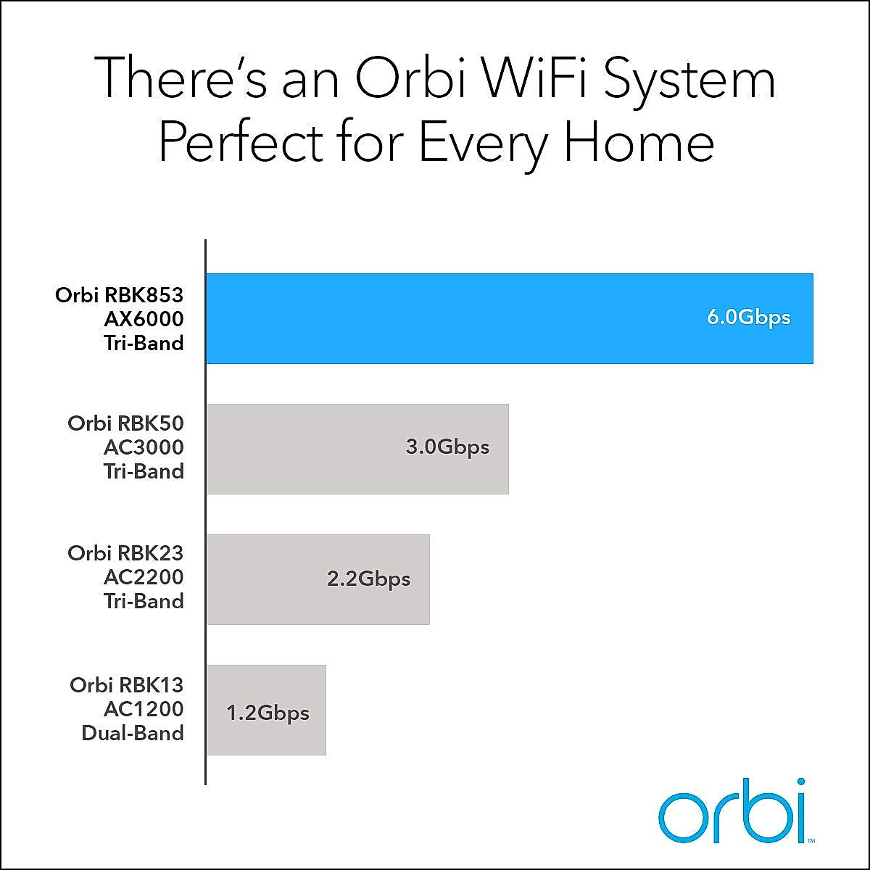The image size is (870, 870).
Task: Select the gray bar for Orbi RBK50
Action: (304, 449)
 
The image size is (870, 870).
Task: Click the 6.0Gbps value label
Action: (748, 318)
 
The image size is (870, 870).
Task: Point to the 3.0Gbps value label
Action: (447, 447)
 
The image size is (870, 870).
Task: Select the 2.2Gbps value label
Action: (368, 579)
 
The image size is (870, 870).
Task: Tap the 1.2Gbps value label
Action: (268, 713)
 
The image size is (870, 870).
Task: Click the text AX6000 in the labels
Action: (144, 319)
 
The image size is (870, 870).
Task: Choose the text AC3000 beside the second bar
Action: (144, 447)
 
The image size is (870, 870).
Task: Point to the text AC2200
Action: (144, 577)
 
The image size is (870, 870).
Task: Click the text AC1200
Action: (144, 709)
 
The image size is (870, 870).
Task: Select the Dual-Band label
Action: (133, 733)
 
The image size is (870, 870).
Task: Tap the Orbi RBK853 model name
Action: (120, 295)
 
